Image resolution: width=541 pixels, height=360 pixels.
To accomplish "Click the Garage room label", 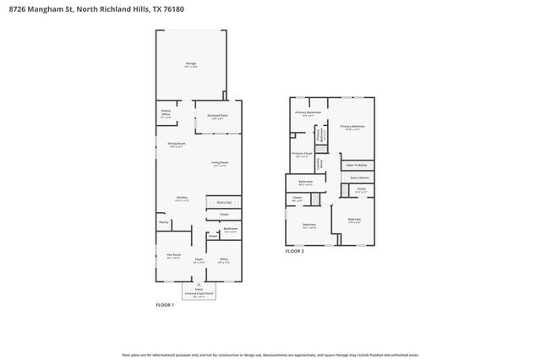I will [191, 64].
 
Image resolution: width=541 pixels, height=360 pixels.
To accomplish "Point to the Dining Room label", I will [176, 145].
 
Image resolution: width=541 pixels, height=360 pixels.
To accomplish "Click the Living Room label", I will [220, 163].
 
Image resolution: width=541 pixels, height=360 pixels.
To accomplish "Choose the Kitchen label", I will [182, 199].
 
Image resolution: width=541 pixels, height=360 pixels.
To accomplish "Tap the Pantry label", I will [164, 222].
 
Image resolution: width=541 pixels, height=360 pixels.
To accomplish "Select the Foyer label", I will [199, 260].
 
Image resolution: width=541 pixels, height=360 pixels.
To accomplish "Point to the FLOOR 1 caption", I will [165, 304].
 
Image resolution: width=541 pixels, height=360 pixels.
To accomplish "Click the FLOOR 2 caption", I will [294, 252].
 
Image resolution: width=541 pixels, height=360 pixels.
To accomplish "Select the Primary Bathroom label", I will [308, 113].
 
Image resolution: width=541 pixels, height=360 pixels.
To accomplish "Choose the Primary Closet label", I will [303, 154].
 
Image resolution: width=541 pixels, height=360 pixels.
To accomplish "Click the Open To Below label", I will [357, 165].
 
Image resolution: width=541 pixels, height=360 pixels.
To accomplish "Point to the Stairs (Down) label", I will [359, 177].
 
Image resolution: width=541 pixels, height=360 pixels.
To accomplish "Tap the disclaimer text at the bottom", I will [270, 356].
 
